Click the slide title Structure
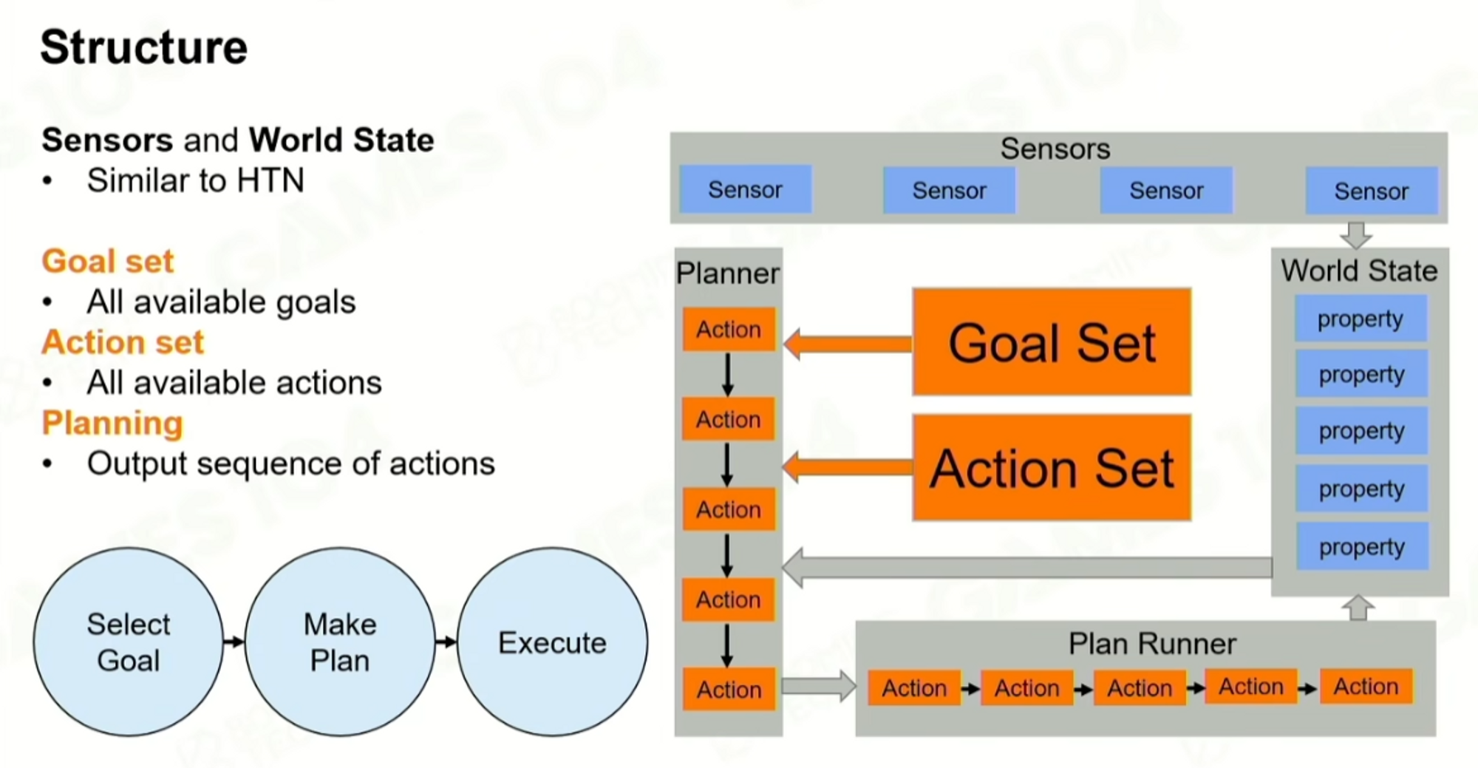click(x=143, y=47)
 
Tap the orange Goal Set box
click(x=1051, y=342)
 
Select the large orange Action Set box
click(x=1051, y=468)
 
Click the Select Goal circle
click(x=129, y=642)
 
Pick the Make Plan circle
click(x=340, y=642)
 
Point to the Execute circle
click(x=552, y=642)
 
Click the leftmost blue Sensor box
click(x=745, y=190)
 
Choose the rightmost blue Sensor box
click(x=1371, y=191)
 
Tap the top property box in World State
click(x=1360, y=319)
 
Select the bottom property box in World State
click(x=1362, y=546)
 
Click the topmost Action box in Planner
click(x=729, y=329)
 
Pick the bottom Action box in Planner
click(x=729, y=689)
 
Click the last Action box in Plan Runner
click(x=1366, y=687)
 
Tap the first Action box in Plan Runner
click(x=914, y=688)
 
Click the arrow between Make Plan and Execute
click(x=446, y=642)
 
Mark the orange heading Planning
click(x=112, y=423)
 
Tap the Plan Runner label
click(x=1151, y=644)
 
